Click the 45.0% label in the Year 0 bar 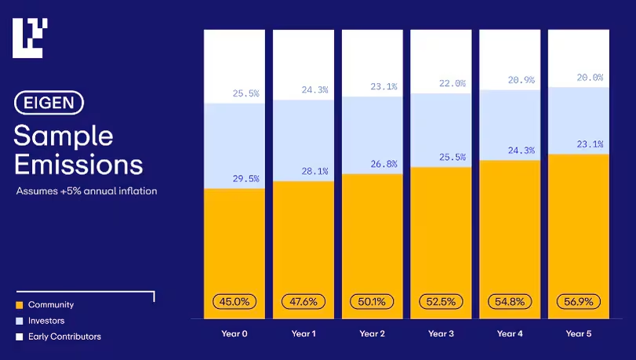click(234, 301)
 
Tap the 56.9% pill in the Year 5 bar click(579, 301)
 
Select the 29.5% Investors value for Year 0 click(245, 179)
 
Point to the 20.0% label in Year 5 click(590, 78)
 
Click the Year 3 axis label click(440, 334)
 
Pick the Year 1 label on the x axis click(303, 334)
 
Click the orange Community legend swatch click(19, 305)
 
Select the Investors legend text click(46, 321)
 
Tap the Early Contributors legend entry click(64, 336)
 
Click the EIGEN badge click(49, 103)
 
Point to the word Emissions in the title click(78, 164)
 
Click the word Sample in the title click(64, 136)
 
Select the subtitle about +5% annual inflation click(86, 191)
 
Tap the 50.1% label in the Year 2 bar click(372, 301)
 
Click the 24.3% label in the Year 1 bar click(314, 89)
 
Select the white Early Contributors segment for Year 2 click(372, 59)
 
